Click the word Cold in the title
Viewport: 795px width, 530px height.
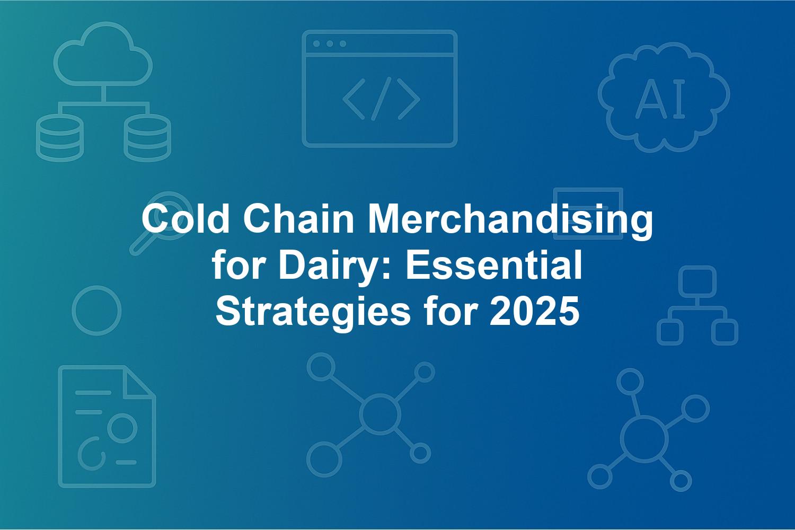click(x=185, y=219)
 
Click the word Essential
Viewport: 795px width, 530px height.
click(x=493, y=265)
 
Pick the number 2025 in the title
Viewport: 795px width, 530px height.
click(x=534, y=311)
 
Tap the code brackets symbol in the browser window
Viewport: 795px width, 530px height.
click(x=381, y=99)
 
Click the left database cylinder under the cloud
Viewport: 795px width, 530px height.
click(x=60, y=138)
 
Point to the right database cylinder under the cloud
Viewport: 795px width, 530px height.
click(x=147, y=138)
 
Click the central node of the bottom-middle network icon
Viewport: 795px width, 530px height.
click(x=380, y=414)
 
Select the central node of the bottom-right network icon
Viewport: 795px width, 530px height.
click(x=644, y=439)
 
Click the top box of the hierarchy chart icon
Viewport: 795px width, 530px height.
click(x=697, y=282)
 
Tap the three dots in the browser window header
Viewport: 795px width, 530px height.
click(x=330, y=43)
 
